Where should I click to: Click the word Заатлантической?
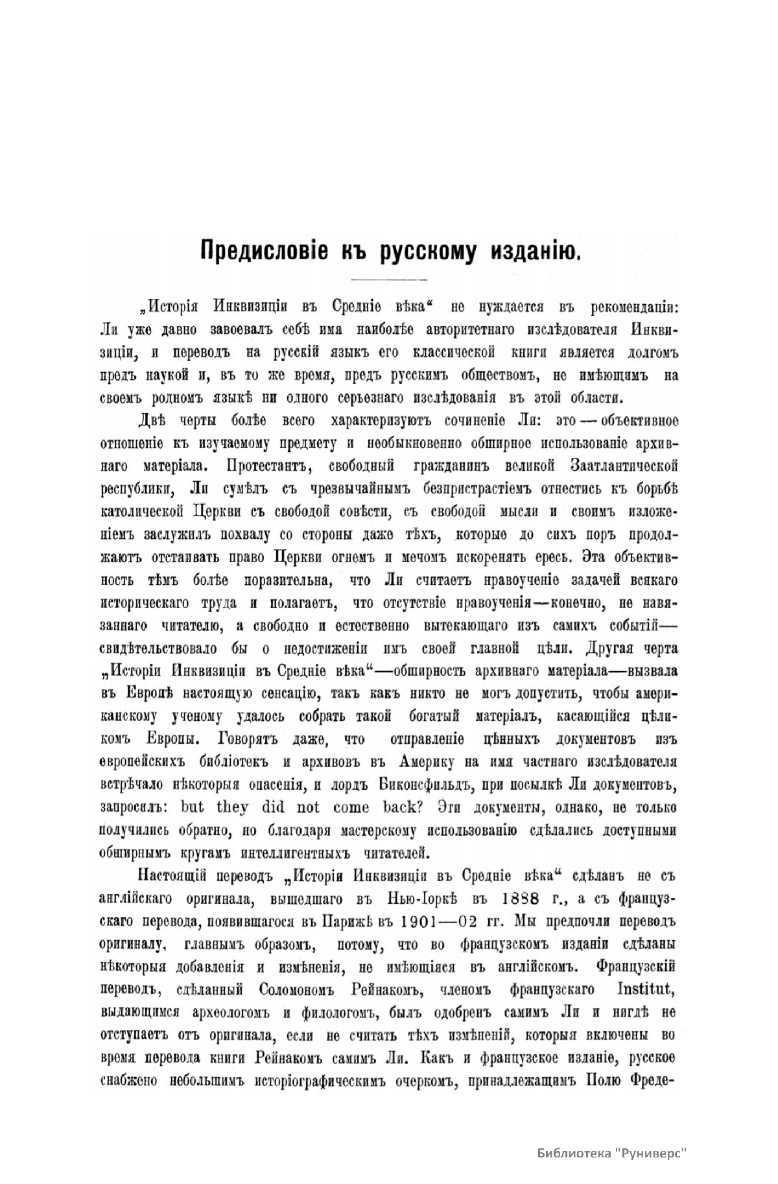623,466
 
